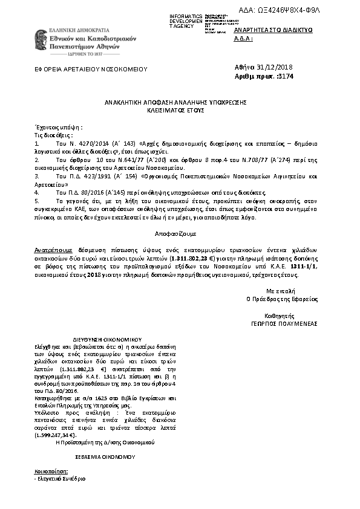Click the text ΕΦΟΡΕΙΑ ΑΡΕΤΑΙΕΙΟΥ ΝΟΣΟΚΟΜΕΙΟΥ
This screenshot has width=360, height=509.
coord(91,70)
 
